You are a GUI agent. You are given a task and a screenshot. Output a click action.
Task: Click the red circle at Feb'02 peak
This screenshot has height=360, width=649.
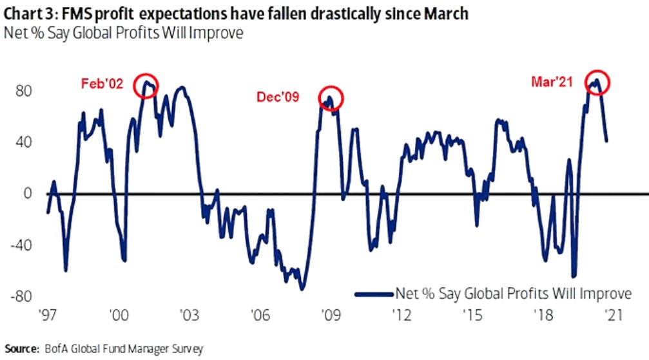pyautogui.click(x=146, y=85)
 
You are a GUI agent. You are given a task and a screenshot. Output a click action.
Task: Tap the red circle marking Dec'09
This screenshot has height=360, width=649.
pyautogui.click(x=331, y=99)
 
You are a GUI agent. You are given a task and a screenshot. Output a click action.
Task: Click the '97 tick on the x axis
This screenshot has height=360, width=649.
pyautogui.click(x=48, y=316)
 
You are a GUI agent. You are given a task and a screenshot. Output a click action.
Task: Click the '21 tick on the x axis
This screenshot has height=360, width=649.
pyautogui.click(x=608, y=316)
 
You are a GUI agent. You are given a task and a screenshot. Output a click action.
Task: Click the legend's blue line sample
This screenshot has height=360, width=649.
pyautogui.click(x=374, y=294)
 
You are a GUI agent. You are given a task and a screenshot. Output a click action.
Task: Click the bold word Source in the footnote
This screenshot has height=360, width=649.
pyautogui.click(x=18, y=349)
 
